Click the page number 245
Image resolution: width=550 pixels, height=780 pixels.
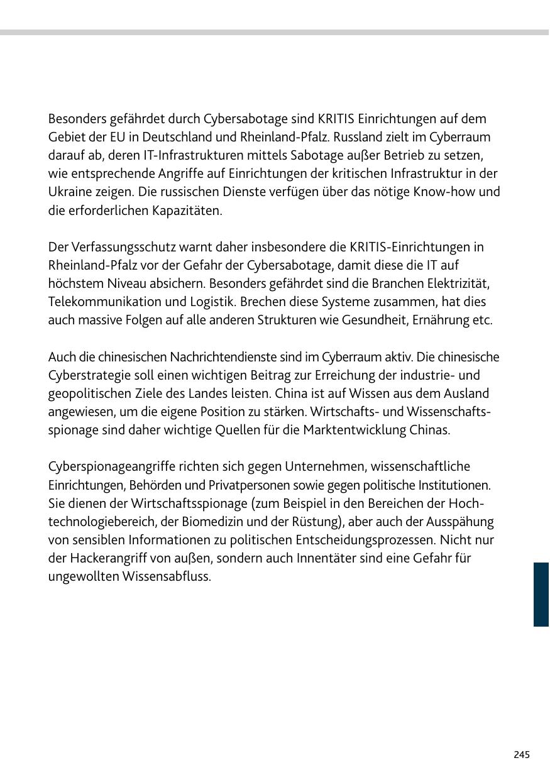pos(521,754)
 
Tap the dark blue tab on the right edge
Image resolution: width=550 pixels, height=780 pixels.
pos(541,594)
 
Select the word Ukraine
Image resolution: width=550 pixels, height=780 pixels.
pos(69,192)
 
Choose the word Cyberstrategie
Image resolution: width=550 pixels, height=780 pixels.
pos(87,375)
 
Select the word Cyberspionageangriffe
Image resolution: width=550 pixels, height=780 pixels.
pos(111,466)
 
